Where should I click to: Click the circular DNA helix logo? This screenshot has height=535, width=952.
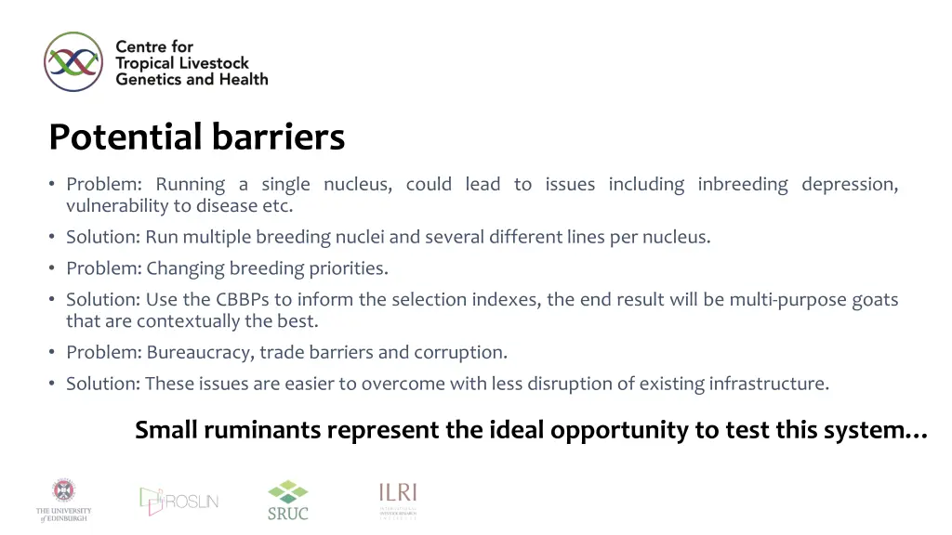[73, 61]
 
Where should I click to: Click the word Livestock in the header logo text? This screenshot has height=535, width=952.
[214, 63]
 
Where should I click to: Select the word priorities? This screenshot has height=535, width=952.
[348, 268]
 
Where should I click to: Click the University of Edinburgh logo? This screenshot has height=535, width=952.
[64, 500]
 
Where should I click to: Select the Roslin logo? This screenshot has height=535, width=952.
[178, 501]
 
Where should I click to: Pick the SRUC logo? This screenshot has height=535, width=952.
[287, 500]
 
